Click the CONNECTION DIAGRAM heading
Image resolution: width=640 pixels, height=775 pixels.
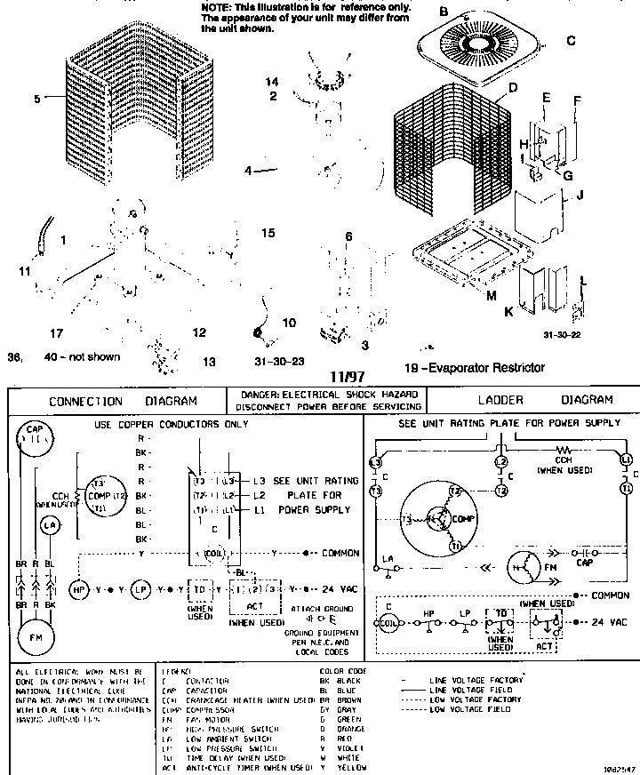tap(123, 401)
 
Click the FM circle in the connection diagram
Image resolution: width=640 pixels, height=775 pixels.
tap(36, 637)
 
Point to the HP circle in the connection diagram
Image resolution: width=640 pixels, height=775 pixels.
tap(79, 589)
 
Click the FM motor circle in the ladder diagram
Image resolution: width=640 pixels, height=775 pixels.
tap(522, 565)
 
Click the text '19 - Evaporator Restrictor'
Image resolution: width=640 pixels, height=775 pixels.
tap(474, 367)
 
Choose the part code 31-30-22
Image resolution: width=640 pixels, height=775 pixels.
tap(561, 334)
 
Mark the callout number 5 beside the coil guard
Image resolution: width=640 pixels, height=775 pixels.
tap(37, 100)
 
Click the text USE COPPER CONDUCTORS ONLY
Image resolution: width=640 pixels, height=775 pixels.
tap(172, 425)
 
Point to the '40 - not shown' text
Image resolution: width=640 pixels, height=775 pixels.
tap(82, 357)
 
